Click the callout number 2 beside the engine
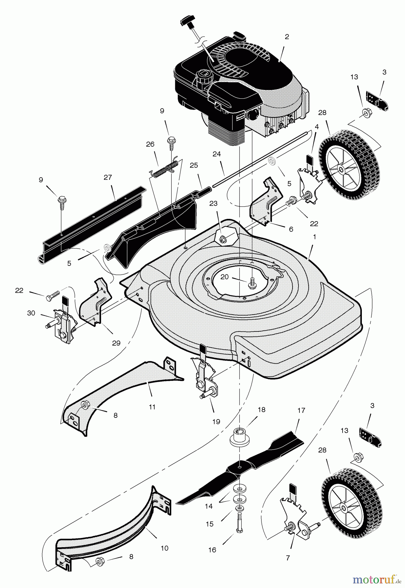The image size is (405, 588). [x=287, y=37]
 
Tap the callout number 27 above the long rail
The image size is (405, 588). [x=108, y=177]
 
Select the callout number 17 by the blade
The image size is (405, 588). [x=301, y=410]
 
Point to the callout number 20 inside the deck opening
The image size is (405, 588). [x=225, y=277]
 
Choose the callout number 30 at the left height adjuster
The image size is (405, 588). [x=31, y=313]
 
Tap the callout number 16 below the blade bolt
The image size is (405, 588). [x=212, y=550]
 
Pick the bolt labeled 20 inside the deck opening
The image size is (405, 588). [x=252, y=283]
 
